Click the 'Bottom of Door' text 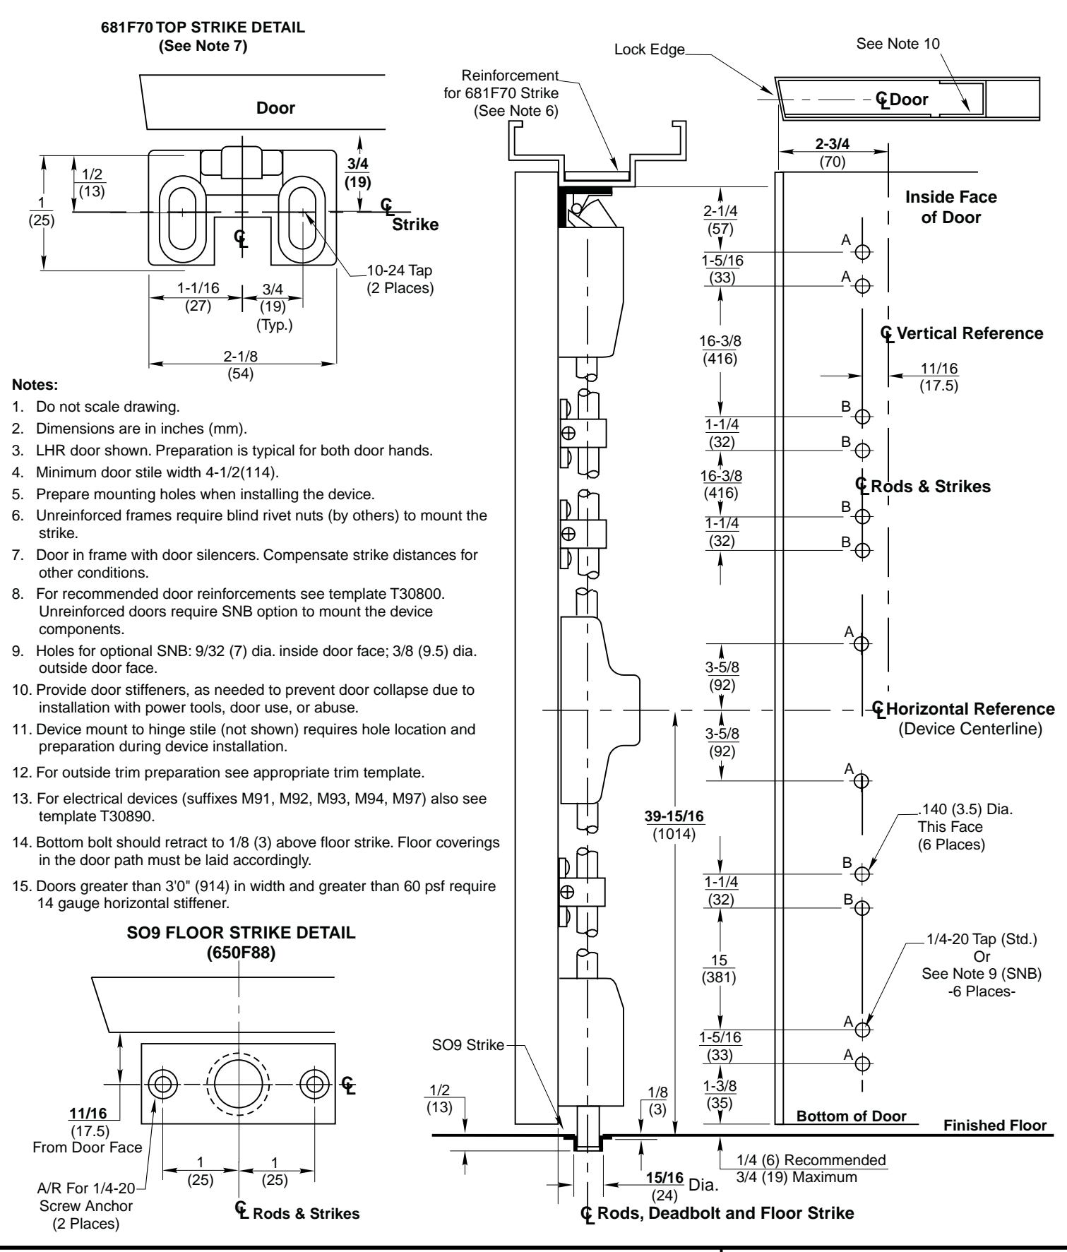851,1116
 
